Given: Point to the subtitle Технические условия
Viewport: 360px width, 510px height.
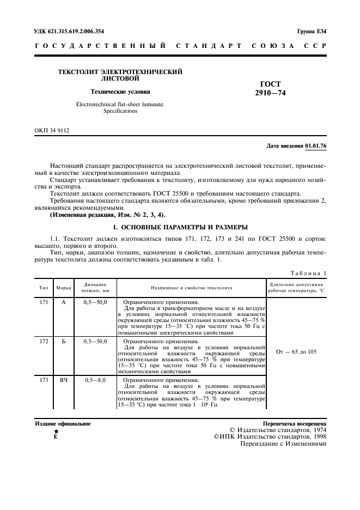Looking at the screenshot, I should click(120, 92).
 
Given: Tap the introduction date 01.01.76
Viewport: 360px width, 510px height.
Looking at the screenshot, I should click(315, 146).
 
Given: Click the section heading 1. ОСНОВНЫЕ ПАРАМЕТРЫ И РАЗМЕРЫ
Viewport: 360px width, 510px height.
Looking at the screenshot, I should click(180, 226).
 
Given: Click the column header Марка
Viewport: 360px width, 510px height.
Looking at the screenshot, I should click(63, 287).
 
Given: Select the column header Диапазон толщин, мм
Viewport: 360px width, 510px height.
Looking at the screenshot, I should click(95, 287).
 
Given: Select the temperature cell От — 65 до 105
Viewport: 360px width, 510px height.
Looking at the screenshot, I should click(296, 351).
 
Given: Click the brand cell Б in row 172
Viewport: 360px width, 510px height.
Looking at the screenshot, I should click(63, 341).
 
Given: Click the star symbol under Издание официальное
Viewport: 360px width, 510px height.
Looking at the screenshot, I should click(56, 432).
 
